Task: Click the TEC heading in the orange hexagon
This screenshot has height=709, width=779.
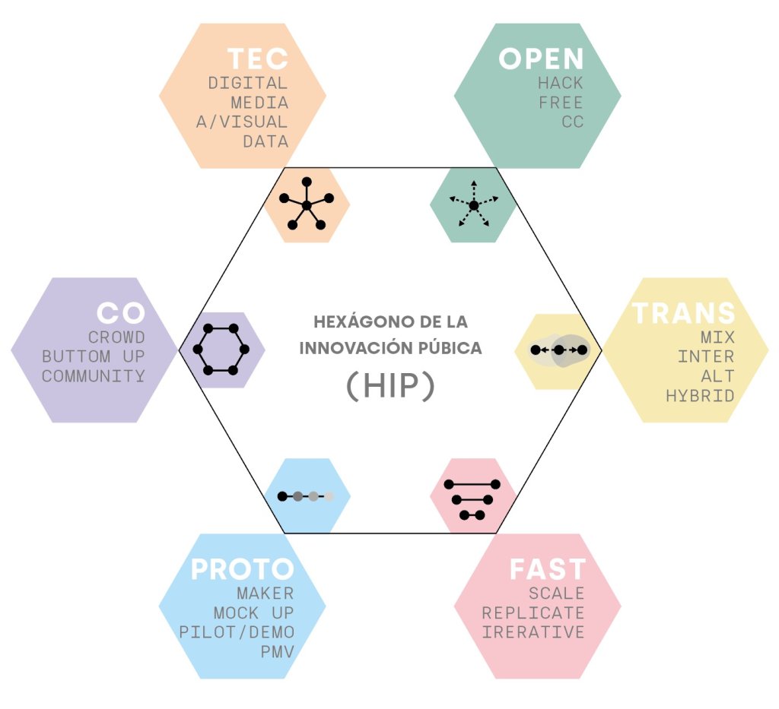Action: click(258, 59)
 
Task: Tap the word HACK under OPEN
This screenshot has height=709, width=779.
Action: click(561, 83)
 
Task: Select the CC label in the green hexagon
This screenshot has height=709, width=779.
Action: click(573, 122)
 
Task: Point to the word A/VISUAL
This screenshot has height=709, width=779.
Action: click(242, 122)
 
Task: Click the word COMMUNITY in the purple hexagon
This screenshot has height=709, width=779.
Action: click(94, 376)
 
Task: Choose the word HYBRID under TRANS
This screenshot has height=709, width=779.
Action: click(700, 395)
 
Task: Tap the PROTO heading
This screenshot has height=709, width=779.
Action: click(243, 568)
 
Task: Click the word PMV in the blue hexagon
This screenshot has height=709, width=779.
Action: click(277, 651)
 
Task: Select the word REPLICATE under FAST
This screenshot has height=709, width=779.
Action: click(533, 612)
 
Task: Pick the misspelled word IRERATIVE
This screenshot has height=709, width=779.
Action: click(533, 632)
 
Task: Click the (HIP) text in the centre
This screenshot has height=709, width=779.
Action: click(390, 385)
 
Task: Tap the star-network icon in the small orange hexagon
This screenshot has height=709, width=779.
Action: click(307, 204)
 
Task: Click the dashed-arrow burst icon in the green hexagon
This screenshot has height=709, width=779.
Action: click(473, 204)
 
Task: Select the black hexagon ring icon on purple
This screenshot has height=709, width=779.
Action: click(221, 350)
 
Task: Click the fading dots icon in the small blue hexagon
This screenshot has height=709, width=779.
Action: click(306, 496)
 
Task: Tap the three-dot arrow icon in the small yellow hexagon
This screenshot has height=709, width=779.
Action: click(559, 350)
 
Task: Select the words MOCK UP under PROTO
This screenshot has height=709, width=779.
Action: click(254, 612)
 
